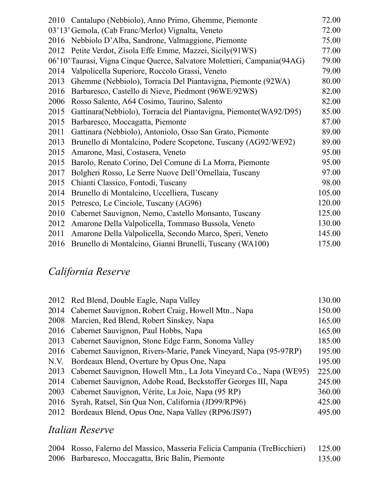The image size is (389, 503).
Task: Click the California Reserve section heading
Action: pyautogui.click(x=89, y=272)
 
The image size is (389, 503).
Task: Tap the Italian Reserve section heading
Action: pyautogui.click(x=81, y=430)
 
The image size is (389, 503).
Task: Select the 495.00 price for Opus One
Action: pyautogui.click(x=329, y=412)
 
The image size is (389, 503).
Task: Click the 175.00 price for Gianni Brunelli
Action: pyautogui.click(x=329, y=244)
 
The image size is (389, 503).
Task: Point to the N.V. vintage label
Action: pyautogui.click(x=56, y=361)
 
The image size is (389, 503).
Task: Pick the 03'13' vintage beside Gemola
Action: pyautogui.click(x=59, y=30)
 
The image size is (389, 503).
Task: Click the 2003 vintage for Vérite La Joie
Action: pyautogui.click(x=56, y=392)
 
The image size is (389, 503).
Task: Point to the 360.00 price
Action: pyautogui.click(x=329, y=392)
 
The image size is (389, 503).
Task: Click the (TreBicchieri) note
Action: pyautogui.click(x=282, y=449)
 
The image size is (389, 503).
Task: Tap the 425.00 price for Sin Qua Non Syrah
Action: pyautogui.click(x=329, y=402)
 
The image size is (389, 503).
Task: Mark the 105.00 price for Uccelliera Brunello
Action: pyautogui.click(x=329, y=193)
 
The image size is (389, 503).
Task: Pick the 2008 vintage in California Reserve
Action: pyautogui.click(x=56, y=320)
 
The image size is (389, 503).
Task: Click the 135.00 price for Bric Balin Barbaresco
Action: pyautogui.click(x=329, y=459)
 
